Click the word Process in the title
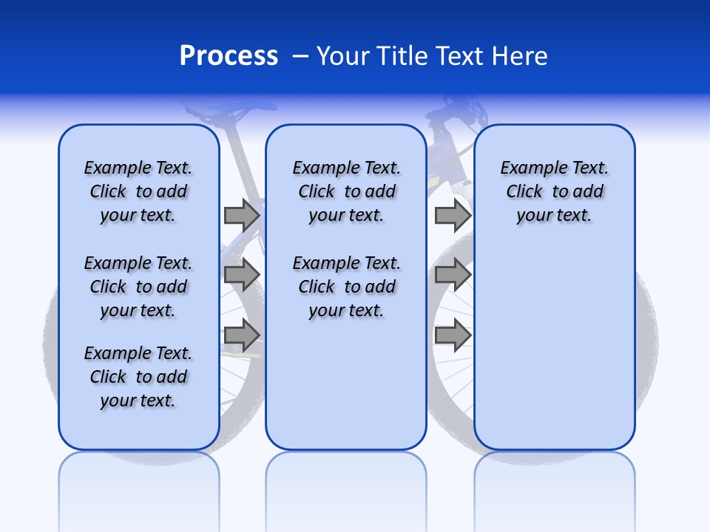[x=229, y=55]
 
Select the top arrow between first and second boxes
[x=242, y=215]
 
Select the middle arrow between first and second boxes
[x=242, y=275]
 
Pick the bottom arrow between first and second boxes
[x=242, y=335]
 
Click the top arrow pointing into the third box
[x=453, y=215]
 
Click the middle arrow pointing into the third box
[x=453, y=275]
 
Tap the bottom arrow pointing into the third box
[x=453, y=335]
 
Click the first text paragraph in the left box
[x=138, y=191]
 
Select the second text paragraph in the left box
[x=138, y=287]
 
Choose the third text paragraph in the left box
[x=138, y=377]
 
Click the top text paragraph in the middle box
[x=346, y=191]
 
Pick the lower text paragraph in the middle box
[x=346, y=287]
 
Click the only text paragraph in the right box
[x=554, y=191]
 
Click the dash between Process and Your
[x=301, y=56]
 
